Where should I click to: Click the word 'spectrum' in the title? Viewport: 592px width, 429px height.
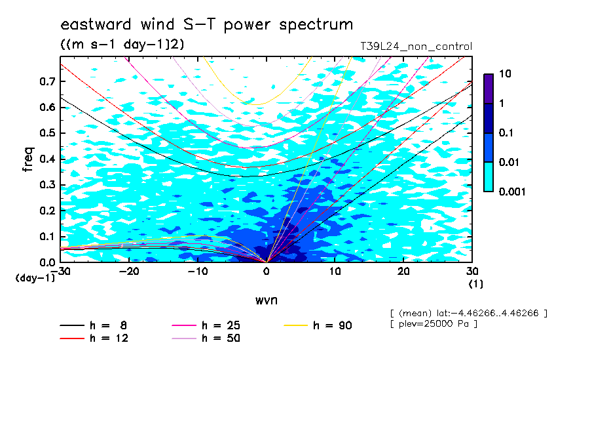tap(316, 25)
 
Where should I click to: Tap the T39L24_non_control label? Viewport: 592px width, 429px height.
tap(416, 46)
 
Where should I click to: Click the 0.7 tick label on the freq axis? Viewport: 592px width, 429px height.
tap(48, 81)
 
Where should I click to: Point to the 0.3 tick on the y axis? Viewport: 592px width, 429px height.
tap(48, 184)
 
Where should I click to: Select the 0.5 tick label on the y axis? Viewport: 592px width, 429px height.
tap(48, 133)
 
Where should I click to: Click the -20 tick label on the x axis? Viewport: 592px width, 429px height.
tap(129, 272)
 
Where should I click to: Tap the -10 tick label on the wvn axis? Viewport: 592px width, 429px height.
tap(198, 272)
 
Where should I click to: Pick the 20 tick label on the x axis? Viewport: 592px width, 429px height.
tap(403, 272)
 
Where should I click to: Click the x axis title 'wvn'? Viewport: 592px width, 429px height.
tap(267, 300)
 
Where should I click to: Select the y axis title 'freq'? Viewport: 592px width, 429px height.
tap(28, 159)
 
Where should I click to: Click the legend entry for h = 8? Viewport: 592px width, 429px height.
tap(93, 325)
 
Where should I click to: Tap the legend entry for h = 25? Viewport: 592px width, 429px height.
tap(206, 325)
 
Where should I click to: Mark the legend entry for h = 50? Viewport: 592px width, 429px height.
tap(206, 338)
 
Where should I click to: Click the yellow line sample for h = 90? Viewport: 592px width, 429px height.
tap(295, 325)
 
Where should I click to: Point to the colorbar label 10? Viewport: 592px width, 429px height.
tap(505, 73)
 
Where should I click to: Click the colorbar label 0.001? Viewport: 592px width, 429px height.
tap(512, 192)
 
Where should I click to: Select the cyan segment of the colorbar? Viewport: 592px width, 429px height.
tap(489, 176)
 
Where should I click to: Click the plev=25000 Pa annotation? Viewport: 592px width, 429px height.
tap(434, 324)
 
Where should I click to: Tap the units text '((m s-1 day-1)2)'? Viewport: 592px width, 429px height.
tap(122, 45)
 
